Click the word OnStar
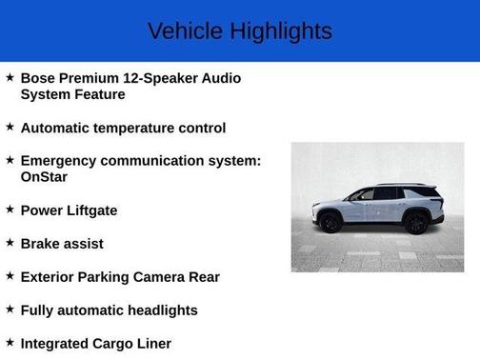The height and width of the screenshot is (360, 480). point(44,176)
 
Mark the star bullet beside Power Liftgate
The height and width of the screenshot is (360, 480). point(10,209)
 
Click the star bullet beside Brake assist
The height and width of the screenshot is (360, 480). point(10,242)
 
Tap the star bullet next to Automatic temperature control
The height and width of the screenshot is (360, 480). point(10,126)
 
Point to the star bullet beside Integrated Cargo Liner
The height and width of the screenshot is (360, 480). point(10,341)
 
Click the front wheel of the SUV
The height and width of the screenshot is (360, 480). point(331,223)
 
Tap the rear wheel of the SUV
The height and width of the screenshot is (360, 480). point(415,223)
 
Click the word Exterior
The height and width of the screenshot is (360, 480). point(49,277)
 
